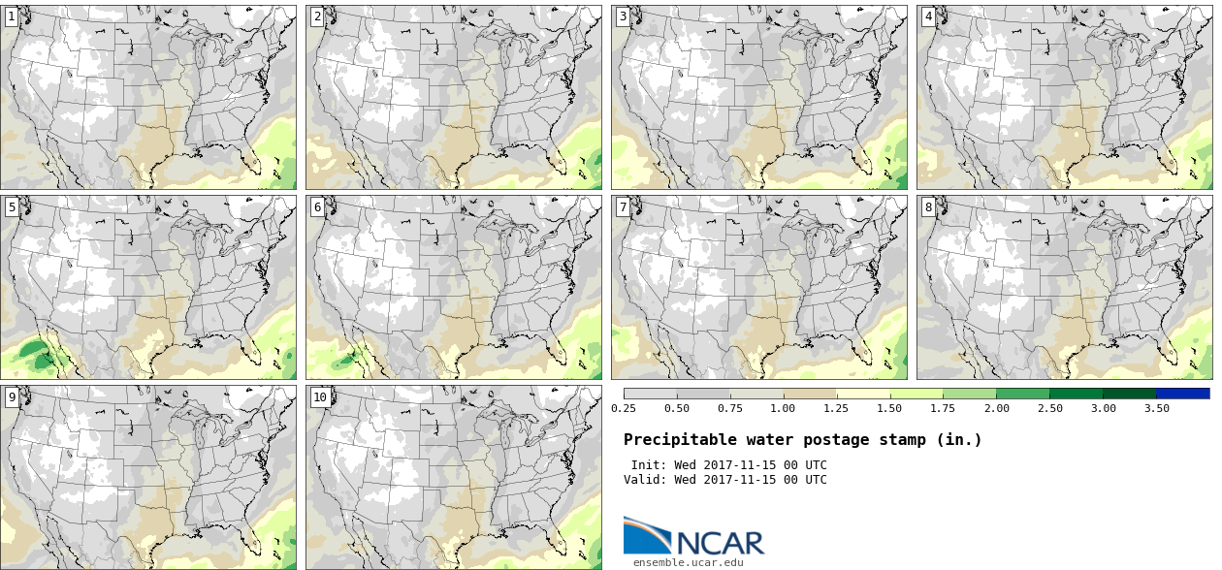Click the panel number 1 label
[x=12, y=16]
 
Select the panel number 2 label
[x=317, y=16]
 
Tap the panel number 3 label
[x=623, y=16]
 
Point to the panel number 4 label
[x=928, y=16]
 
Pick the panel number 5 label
[x=12, y=206]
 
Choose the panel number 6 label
[x=317, y=206]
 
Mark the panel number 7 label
[x=623, y=206]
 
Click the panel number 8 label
[x=928, y=206]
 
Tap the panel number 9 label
[x=12, y=396]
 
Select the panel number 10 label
[x=320, y=396]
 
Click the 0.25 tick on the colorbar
[x=624, y=408]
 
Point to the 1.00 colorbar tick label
[x=783, y=408]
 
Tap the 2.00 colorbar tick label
[x=996, y=408]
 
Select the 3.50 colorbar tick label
[x=1156, y=408]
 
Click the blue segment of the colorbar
[x=1182, y=394]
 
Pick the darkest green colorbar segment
[x=1129, y=394]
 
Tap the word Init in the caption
[x=647, y=465]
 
